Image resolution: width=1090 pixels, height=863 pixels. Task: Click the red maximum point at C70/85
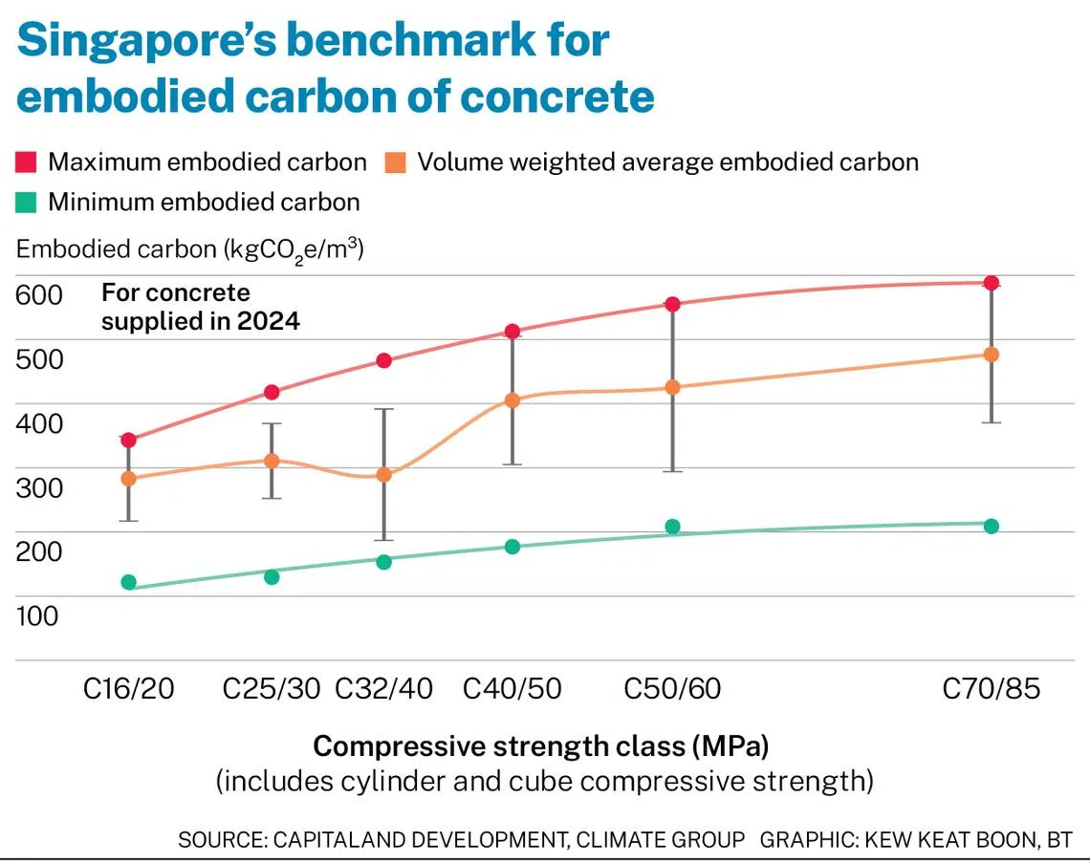pyautogui.click(x=992, y=283)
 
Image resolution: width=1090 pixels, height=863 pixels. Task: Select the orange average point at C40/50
pyautogui.click(x=512, y=400)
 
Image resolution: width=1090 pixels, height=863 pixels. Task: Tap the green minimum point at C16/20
pyautogui.click(x=129, y=582)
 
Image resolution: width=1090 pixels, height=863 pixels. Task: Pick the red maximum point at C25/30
pyautogui.click(x=272, y=392)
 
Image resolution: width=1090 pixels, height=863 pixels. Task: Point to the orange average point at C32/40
pyautogui.click(x=383, y=474)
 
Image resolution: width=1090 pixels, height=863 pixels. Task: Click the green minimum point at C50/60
pyautogui.click(x=672, y=527)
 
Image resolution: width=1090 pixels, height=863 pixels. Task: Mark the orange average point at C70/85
pyautogui.click(x=992, y=355)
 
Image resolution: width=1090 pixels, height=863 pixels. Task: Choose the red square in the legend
pyautogui.click(x=26, y=162)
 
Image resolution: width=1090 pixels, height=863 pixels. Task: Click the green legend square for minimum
pyautogui.click(x=26, y=203)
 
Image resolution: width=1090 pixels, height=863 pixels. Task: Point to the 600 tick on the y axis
pyautogui.click(x=38, y=295)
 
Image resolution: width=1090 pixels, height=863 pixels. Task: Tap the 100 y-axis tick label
pyautogui.click(x=38, y=615)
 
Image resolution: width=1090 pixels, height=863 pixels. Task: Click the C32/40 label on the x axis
pyautogui.click(x=383, y=688)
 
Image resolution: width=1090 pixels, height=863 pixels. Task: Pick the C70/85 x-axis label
pyautogui.click(x=991, y=688)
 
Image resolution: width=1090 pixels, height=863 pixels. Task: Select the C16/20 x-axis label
pyautogui.click(x=129, y=688)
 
